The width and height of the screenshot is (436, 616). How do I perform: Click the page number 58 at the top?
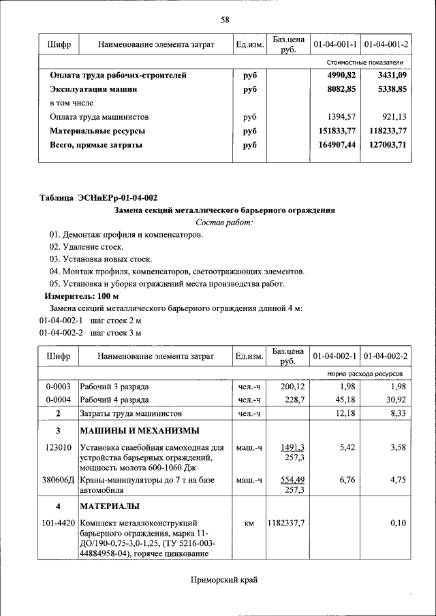224,20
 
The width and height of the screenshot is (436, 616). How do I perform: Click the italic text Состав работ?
224,222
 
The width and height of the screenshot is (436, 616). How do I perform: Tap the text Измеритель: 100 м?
82,297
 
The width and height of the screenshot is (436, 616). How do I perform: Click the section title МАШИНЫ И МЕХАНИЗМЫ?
140,431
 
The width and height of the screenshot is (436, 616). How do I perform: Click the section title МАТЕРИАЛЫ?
110,506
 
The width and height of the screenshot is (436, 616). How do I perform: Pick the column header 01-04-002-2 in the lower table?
386,356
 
